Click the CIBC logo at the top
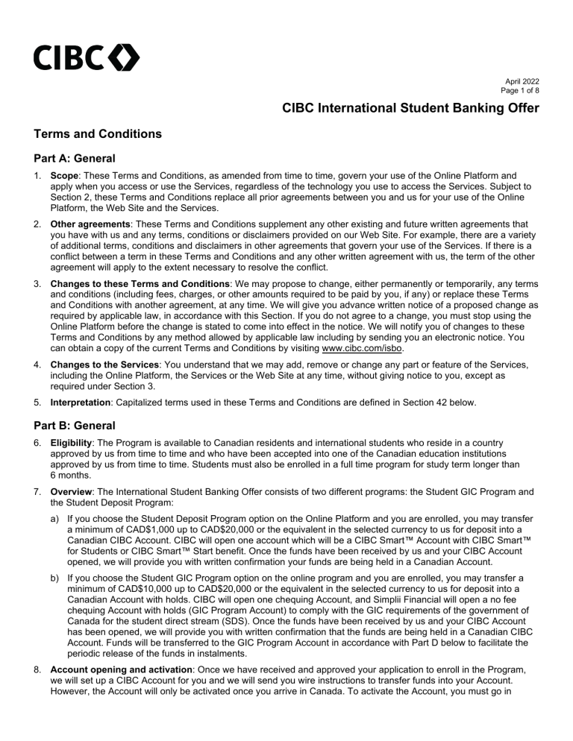86,57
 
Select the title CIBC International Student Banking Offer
410,110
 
